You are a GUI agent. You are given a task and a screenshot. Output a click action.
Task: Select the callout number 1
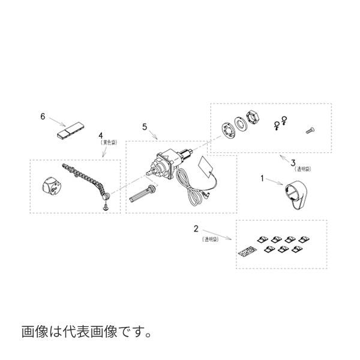[262, 178]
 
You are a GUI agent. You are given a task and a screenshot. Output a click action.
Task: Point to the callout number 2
[196, 228]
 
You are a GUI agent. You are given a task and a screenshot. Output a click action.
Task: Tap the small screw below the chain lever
[106, 206]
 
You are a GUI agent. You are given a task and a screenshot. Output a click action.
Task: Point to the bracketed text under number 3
[298, 169]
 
